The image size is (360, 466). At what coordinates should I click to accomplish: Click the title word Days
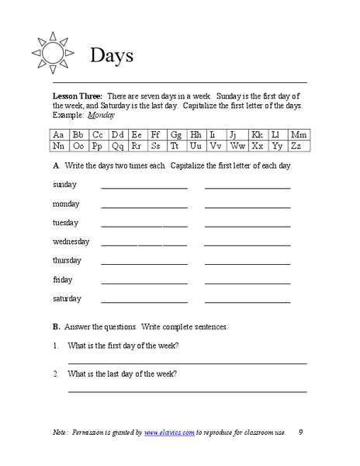click(x=112, y=55)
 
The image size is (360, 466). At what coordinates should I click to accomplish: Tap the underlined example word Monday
click(x=101, y=114)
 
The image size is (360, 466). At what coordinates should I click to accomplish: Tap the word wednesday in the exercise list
click(x=71, y=242)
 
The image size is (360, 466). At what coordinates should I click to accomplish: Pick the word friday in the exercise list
click(x=63, y=280)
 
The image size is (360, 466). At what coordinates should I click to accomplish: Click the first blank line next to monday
click(x=144, y=207)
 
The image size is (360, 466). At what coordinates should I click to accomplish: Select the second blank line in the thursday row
click(x=247, y=264)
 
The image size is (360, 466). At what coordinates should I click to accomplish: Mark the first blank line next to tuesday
click(x=144, y=226)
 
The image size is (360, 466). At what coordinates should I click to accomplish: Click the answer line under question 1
click(x=187, y=363)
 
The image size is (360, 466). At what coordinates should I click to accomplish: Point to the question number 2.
click(x=56, y=374)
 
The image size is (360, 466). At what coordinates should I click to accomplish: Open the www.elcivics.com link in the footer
click(x=168, y=432)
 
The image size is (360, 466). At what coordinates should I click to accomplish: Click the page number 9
click(x=301, y=432)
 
